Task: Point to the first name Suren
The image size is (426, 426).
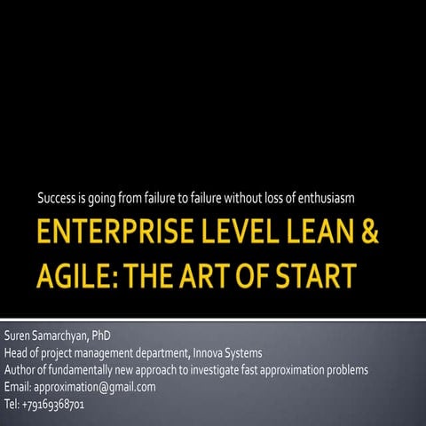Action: [18, 337]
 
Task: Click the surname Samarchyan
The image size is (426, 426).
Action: [61, 337]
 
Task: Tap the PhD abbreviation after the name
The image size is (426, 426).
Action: [100, 337]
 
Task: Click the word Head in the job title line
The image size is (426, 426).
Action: [16, 353]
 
